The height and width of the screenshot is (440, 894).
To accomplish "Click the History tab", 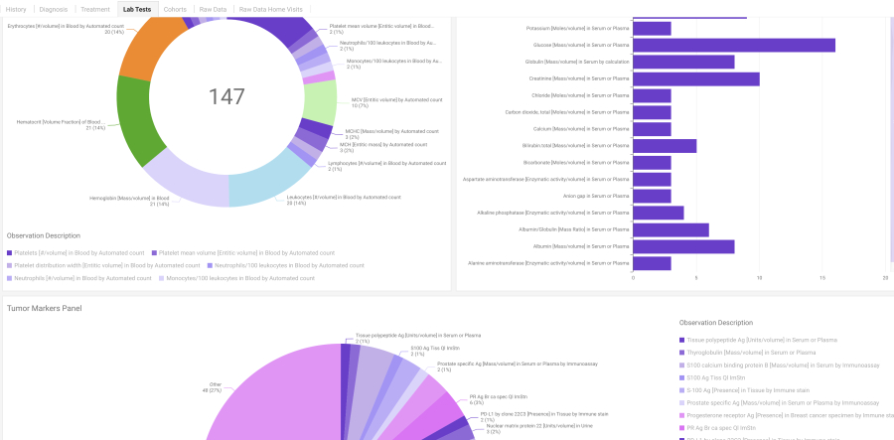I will click(15, 9).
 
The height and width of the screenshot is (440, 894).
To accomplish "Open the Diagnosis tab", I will click(54, 9).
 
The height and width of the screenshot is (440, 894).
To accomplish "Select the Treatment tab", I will click(95, 9).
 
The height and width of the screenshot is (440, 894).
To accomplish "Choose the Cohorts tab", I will click(175, 9).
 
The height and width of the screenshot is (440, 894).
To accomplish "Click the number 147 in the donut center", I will click(226, 96).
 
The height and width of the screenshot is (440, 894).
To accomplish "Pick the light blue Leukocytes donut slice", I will click(269, 178).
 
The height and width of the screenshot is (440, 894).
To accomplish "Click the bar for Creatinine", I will click(695, 78).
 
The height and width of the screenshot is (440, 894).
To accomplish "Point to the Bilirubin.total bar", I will click(665, 146).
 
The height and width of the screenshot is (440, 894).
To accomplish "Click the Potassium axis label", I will click(577, 28).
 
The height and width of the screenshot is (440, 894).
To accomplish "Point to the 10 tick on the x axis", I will click(759, 278).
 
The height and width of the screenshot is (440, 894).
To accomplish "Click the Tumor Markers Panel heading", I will click(44, 309).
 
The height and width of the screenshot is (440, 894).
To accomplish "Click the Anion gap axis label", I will click(604, 197).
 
